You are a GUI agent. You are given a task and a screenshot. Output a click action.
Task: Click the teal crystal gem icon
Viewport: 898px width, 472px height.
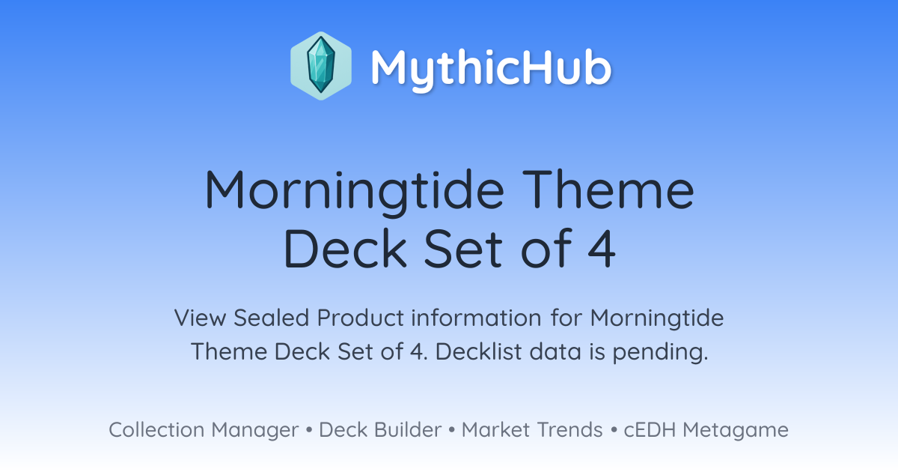[321, 66]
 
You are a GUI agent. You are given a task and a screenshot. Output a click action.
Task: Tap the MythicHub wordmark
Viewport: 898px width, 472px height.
[491, 68]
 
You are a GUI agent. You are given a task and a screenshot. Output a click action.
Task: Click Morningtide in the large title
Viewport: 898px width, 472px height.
[355, 191]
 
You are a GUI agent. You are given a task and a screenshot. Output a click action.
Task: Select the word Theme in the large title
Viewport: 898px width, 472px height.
[608, 189]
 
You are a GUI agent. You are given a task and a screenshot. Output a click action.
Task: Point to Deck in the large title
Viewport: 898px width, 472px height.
[345, 248]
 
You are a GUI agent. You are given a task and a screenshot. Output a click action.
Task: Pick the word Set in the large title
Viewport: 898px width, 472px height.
[463, 249]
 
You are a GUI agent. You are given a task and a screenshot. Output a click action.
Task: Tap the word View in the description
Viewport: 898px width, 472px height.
[201, 318]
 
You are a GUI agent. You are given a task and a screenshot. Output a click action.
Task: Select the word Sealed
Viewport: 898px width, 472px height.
[272, 318]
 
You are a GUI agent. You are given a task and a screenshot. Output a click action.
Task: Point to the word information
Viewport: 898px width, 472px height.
[476, 318]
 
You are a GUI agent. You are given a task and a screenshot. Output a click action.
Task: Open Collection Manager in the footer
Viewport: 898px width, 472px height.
[204, 430]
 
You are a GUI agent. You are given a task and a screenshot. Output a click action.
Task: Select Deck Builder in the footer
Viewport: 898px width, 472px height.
[380, 430]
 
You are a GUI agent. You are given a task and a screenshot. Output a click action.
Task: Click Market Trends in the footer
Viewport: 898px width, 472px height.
[532, 430]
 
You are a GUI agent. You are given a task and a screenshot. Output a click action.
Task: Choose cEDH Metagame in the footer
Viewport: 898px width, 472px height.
[706, 431]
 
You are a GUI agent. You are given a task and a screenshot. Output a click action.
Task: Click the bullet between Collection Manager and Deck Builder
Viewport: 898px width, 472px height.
[308, 430]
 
